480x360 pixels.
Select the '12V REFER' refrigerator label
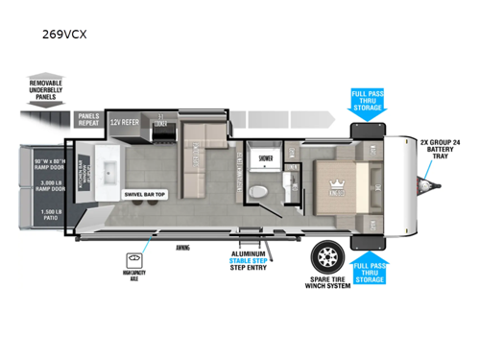tap(125, 123)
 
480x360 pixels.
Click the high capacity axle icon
tap(133, 261)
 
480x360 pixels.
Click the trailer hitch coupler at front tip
tap(429, 180)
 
